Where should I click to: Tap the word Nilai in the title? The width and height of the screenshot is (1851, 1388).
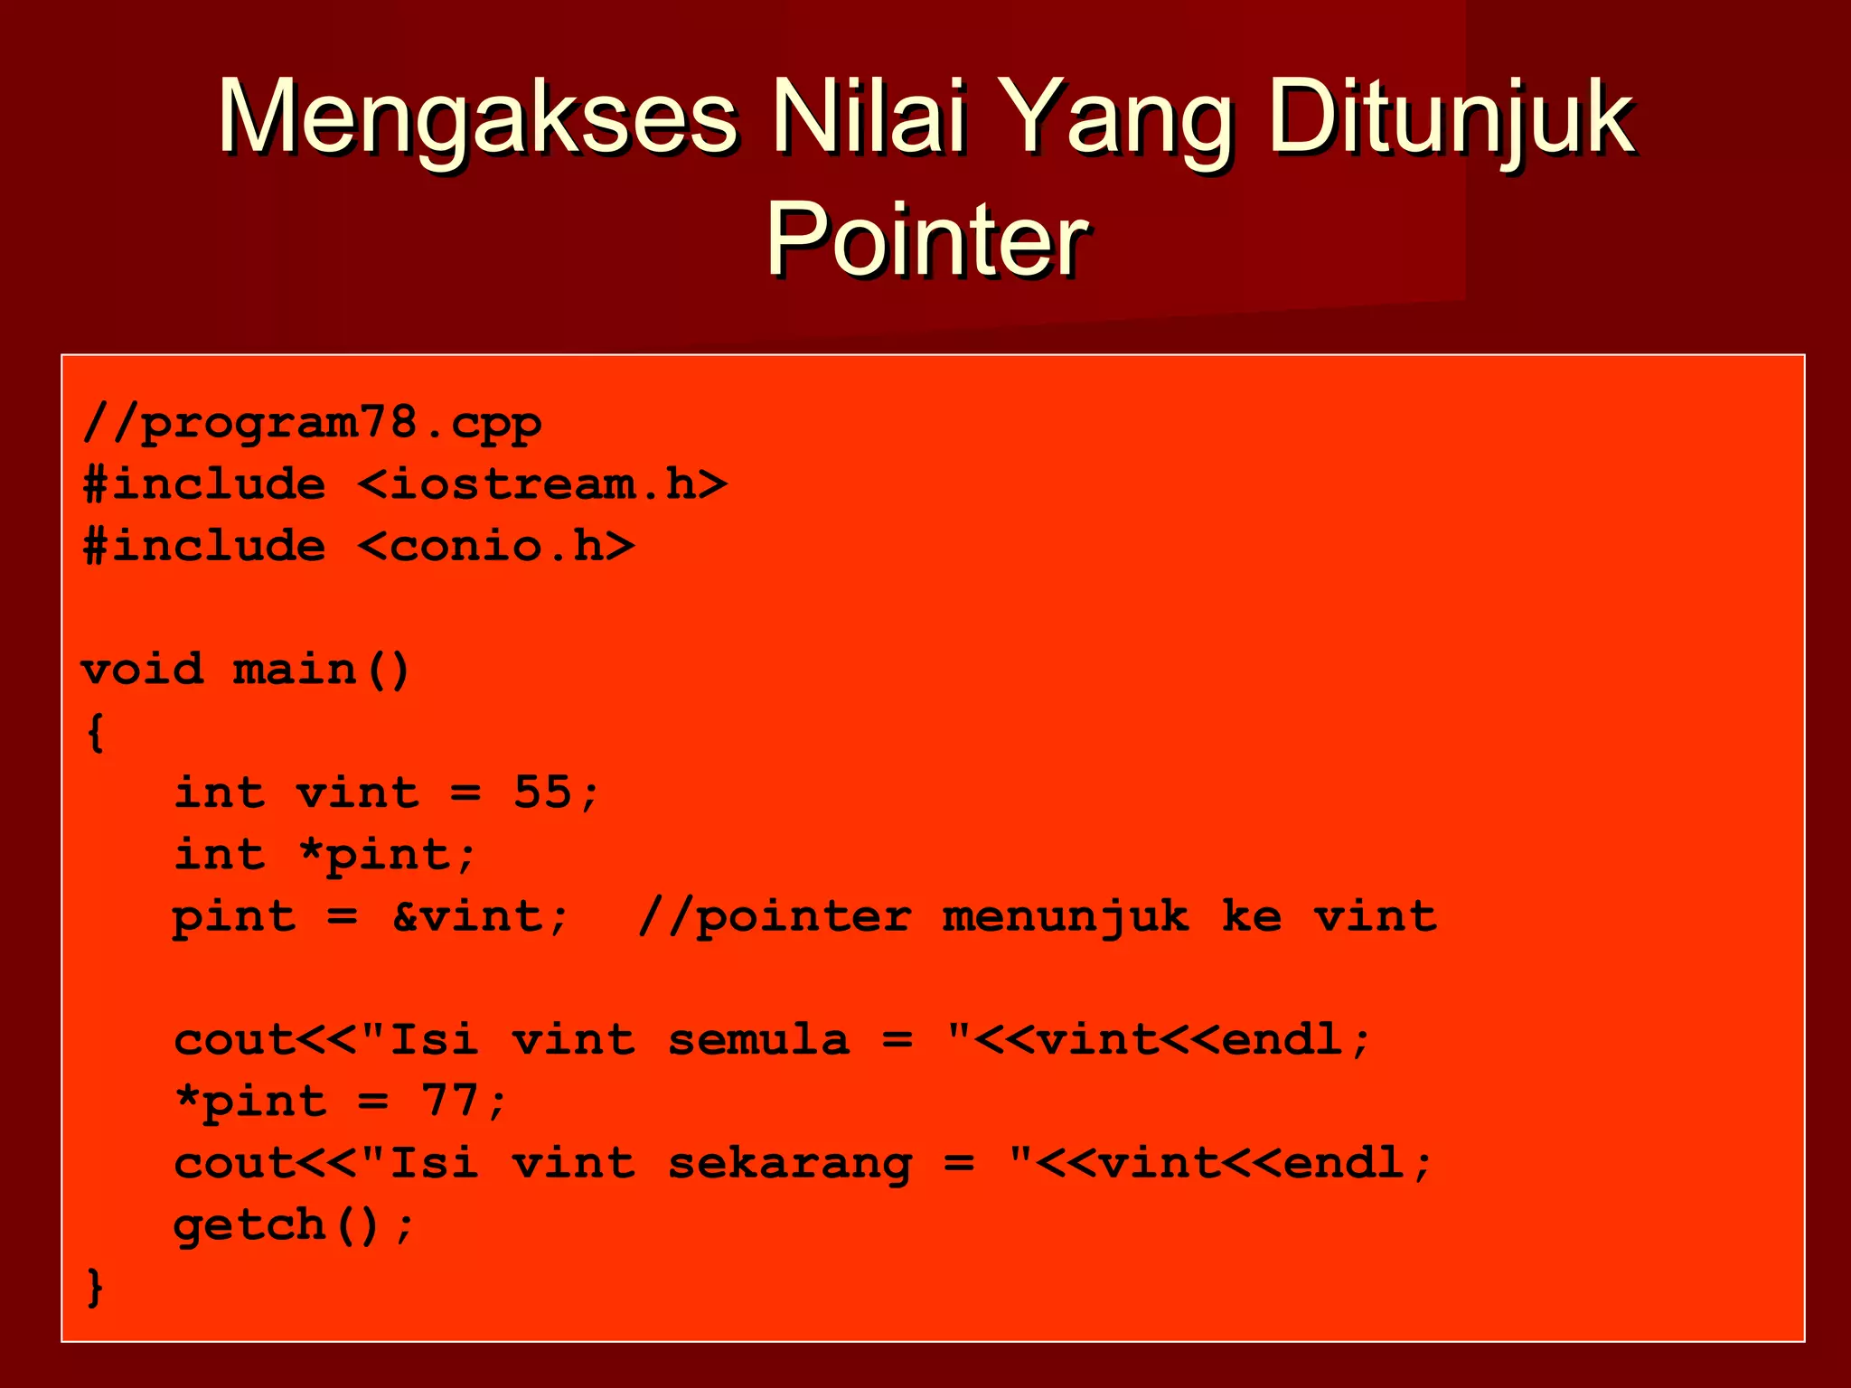(868, 117)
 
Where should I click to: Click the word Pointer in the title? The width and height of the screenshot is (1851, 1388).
(925, 239)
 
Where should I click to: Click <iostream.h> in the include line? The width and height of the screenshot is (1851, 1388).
(542, 485)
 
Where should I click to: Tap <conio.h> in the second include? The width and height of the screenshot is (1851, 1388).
(496, 547)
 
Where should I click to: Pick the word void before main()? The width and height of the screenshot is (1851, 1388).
(143, 670)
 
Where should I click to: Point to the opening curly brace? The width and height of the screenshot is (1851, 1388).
(95, 731)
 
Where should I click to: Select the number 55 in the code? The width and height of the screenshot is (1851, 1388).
(542, 792)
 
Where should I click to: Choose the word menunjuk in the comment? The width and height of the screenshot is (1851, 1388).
(1066, 916)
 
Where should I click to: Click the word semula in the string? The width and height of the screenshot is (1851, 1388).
(758, 1040)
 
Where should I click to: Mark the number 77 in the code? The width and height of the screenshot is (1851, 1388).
(449, 1102)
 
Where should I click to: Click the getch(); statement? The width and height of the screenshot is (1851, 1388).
(294, 1225)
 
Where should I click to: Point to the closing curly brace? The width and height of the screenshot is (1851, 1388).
(95, 1287)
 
